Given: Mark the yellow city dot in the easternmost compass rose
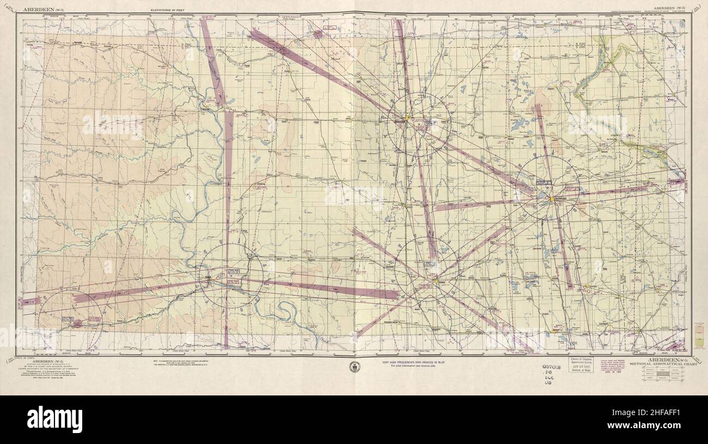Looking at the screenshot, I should pos(551,199).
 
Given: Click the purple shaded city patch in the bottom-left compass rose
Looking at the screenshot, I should pos(77,323).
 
